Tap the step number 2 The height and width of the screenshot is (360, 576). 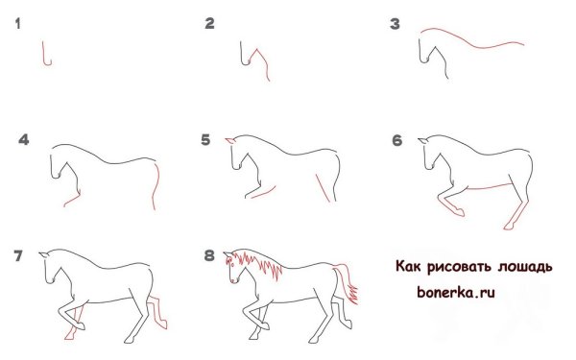[x=209, y=24]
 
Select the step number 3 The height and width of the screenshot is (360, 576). [x=394, y=24]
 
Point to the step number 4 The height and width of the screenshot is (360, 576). [x=24, y=140]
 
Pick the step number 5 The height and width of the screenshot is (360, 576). [x=205, y=140]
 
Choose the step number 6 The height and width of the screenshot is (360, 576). [x=396, y=140]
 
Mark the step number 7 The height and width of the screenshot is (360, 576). [x=18, y=256]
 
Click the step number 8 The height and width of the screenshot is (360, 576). [x=209, y=256]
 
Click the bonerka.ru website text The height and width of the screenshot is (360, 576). [x=455, y=288]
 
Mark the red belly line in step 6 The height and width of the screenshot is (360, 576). [x=490, y=183]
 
